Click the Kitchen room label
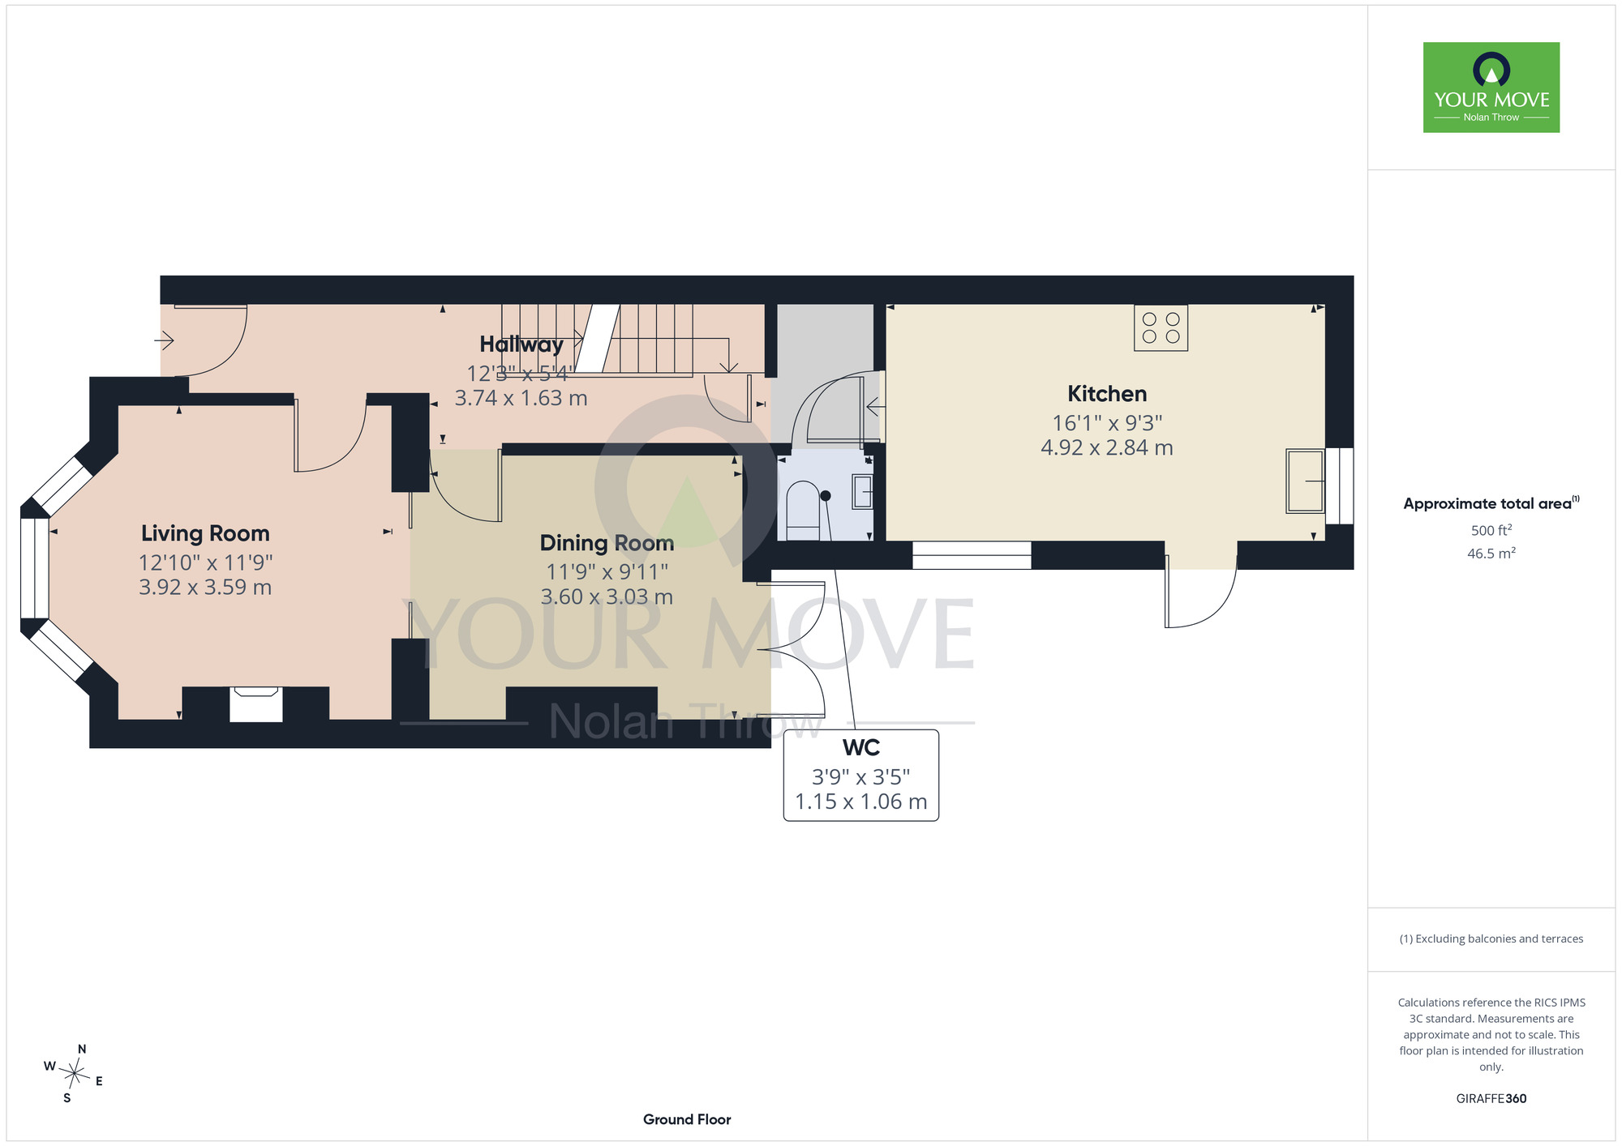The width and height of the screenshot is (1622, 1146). [1107, 394]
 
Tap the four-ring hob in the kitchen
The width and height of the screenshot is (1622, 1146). [1161, 327]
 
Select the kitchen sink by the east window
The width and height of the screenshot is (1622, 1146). [1305, 481]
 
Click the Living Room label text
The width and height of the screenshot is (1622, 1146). [205, 533]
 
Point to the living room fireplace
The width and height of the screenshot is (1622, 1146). [256, 703]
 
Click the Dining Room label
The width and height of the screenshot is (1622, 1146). [607, 543]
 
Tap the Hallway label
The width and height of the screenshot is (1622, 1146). [521, 344]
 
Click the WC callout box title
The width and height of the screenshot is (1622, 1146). [861, 747]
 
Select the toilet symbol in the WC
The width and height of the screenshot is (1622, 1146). [804, 511]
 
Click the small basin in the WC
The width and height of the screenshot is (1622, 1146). [862, 491]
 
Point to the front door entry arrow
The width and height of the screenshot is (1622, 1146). [164, 340]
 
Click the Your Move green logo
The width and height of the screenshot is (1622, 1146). [1491, 88]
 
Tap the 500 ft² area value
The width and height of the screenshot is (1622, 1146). [1491, 530]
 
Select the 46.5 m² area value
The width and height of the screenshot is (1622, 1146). [1491, 554]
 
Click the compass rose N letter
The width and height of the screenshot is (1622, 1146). [82, 1049]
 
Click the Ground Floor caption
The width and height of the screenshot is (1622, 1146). [687, 1119]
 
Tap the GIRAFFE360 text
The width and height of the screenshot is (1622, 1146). [1491, 1099]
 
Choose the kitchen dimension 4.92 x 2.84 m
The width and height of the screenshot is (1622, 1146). [1107, 447]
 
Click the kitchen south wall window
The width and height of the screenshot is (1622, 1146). [972, 555]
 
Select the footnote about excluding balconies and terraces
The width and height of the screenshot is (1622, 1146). [1491, 939]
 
